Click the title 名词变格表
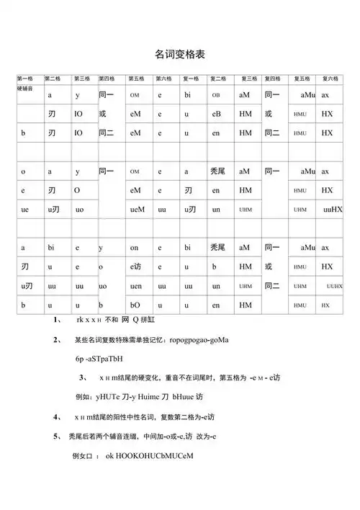point(179,53)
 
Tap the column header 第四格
point(107,79)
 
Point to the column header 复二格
point(218,79)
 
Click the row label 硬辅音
point(25,86)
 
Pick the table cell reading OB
point(216,95)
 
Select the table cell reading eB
point(216,114)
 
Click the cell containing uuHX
point(333,209)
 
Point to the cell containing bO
point(135,305)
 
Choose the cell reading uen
point(136,286)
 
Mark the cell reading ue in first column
point(25,209)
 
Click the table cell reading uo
point(79,209)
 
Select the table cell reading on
point(135,248)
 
